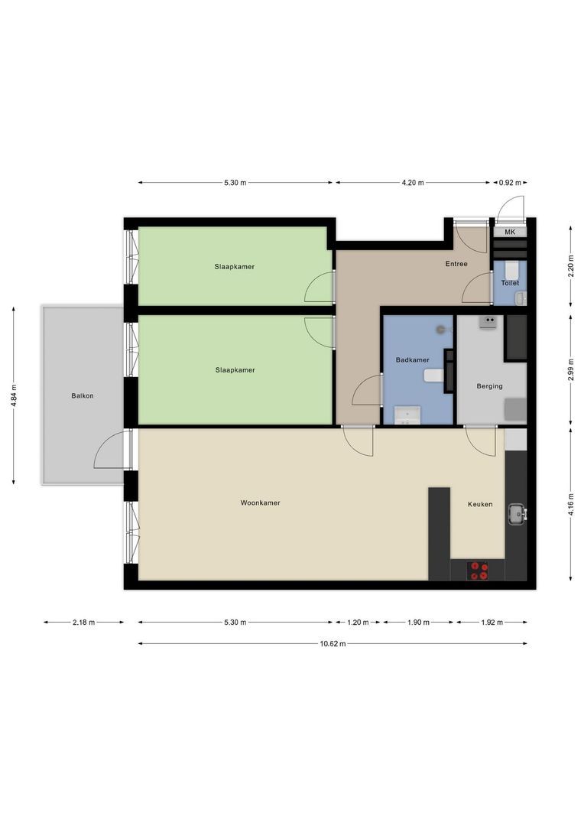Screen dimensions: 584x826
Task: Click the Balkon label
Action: [x=82, y=395]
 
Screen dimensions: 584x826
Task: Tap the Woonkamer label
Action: [x=260, y=502]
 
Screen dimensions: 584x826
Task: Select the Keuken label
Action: [x=480, y=504]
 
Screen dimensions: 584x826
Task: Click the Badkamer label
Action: [x=412, y=359]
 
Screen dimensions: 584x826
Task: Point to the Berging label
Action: [x=489, y=386]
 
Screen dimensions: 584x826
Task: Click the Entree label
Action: [x=456, y=264]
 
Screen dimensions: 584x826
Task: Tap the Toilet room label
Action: [x=510, y=283]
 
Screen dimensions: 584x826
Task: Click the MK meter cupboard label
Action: [x=510, y=232]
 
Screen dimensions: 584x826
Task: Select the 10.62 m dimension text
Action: [x=333, y=644]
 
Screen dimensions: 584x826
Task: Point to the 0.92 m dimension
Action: [x=510, y=183]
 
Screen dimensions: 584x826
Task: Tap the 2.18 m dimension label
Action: [x=84, y=622]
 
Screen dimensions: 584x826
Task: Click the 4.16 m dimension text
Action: [x=571, y=504]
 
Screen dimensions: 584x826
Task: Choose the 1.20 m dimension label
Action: [x=358, y=622]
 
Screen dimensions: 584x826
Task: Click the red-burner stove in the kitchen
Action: [x=479, y=571]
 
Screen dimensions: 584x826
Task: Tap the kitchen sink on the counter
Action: [x=517, y=514]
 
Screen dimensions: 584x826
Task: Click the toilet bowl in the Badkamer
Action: [x=434, y=375]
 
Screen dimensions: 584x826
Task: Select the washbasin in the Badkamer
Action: [x=407, y=415]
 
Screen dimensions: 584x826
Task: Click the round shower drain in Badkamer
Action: [x=441, y=329]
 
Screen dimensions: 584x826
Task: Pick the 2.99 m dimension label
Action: [x=571, y=369]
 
